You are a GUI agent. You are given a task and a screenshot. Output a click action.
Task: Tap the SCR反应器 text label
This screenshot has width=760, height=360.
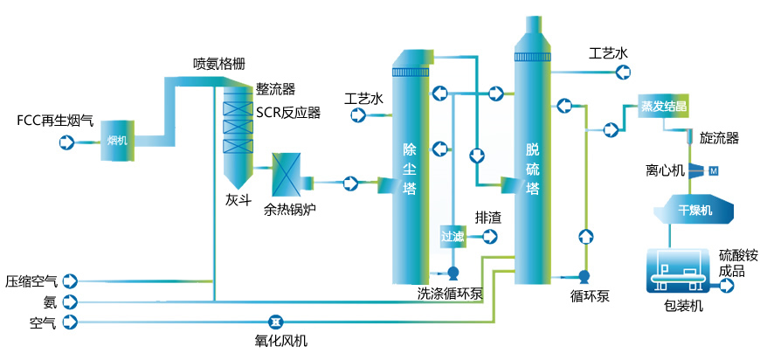[288, 112]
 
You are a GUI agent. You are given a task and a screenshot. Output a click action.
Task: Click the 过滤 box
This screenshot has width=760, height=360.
[452, 235]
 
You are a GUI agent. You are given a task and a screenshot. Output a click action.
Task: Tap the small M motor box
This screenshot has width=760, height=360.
[713, 170]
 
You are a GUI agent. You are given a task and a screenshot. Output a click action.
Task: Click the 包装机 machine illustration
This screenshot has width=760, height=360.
[678, 271]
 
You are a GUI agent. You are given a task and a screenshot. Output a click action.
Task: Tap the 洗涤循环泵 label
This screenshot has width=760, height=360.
[450, 294]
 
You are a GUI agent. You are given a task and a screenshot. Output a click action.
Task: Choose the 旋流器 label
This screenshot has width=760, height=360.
[720, 138]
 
